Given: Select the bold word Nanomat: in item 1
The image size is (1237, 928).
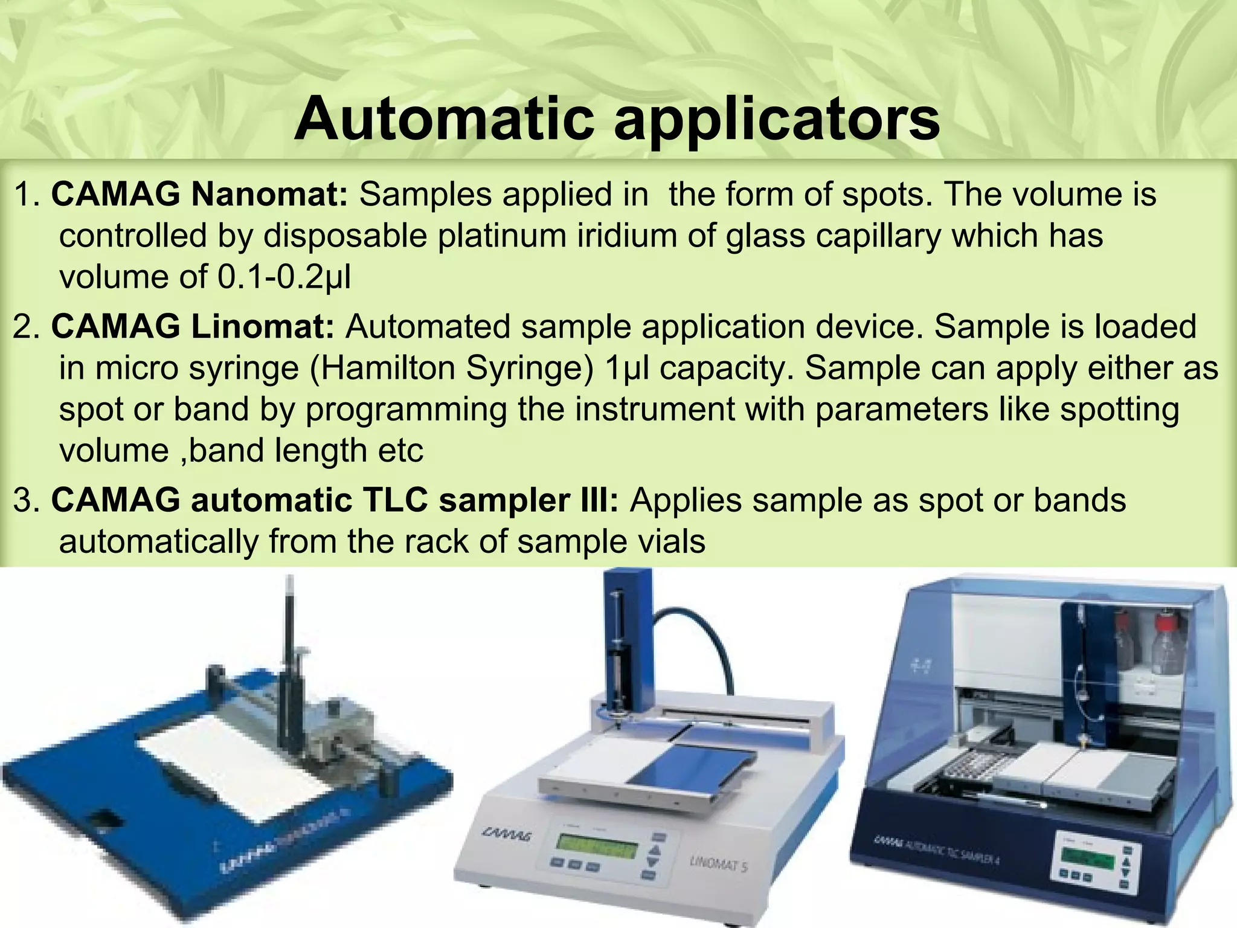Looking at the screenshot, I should click(x=269, y=195).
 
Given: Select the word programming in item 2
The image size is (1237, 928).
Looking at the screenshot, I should click(x=406, y=410).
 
